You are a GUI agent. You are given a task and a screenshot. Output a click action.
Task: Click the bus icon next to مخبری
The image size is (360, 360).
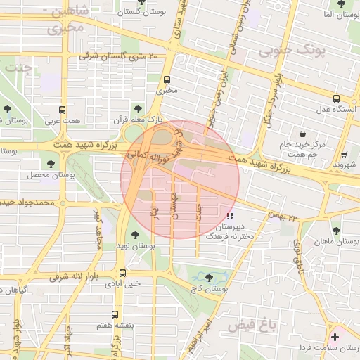167,79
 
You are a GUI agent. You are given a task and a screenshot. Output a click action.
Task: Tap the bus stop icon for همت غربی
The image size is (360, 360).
62,110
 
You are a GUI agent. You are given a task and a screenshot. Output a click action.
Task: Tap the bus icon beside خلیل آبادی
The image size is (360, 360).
123,273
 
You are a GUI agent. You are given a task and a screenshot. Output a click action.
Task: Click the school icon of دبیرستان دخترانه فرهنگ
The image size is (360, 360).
230,216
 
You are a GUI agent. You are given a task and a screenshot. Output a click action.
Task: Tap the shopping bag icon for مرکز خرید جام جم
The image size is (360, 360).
302,134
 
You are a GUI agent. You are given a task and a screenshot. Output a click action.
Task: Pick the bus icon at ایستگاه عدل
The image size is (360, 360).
337,98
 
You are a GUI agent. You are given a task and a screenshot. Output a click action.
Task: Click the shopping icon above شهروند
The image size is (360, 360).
343,155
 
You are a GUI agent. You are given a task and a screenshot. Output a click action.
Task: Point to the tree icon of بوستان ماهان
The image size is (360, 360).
336,230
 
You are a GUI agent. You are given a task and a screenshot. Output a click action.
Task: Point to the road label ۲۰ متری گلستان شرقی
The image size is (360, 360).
119,56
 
